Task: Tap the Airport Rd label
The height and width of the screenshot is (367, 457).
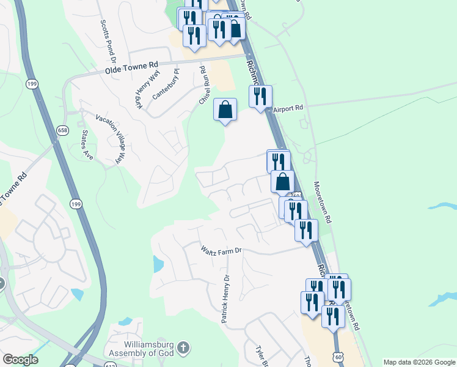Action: (288, 108)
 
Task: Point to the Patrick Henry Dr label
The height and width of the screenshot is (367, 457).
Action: (225, 298)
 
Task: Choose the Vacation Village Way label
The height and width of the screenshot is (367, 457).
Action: (110, 138)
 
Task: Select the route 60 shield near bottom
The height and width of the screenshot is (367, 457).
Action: (339, 355)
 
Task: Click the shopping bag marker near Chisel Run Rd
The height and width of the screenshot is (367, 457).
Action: (225, 110)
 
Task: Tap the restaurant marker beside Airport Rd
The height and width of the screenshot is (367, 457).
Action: (260, 96)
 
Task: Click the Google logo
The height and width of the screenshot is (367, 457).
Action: (20, 360)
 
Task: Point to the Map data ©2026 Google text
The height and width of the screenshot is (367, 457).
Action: (419, 362)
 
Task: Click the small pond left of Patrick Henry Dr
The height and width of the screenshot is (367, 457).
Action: (157, 264)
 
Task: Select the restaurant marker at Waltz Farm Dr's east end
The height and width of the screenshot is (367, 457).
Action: (305, 230)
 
